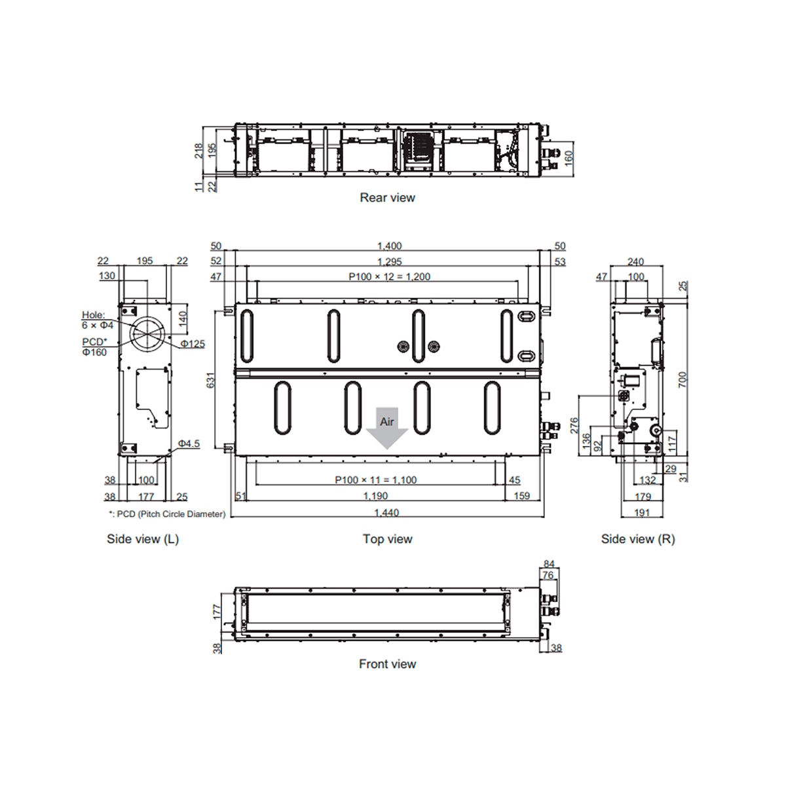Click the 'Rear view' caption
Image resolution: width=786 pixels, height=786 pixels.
[387, 197]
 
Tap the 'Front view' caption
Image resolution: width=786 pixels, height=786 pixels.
[387, 664]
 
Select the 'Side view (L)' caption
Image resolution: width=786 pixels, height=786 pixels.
[143, 539]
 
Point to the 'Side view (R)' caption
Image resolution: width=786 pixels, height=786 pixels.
[638, 539]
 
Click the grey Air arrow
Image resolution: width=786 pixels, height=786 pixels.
[386, 428]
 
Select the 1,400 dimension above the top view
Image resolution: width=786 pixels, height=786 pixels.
[389, 246]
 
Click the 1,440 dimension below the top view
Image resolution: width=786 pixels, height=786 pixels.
[386, 512]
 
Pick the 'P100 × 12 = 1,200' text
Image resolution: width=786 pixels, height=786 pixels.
[389, 276]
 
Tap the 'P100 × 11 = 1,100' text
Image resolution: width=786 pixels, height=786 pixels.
[376, 479]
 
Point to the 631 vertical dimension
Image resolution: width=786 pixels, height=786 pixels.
[210, 380]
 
